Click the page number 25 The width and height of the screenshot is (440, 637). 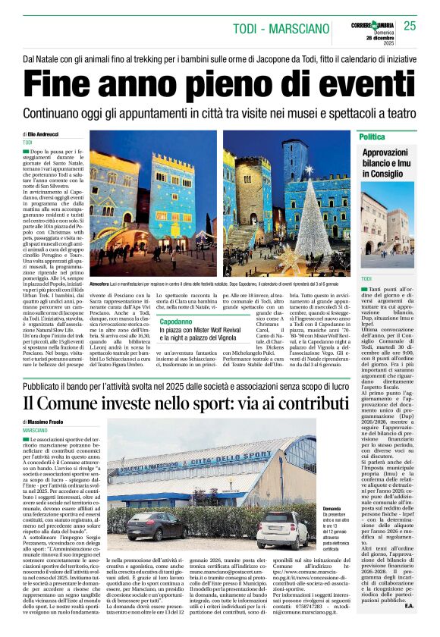(x=410, y=26)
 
